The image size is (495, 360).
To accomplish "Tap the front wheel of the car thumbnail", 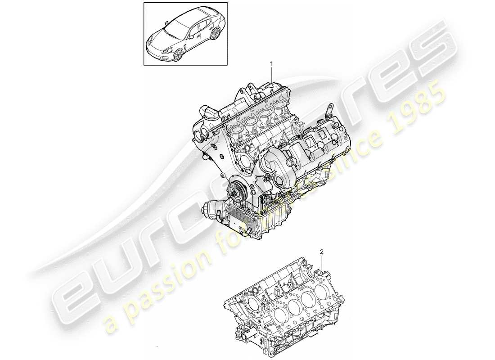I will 178,54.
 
